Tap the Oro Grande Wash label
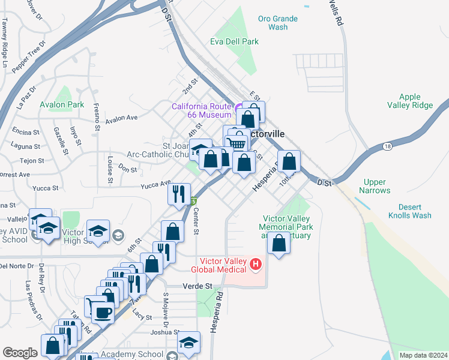[x=278, y=23]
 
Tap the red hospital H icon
[x=256, y=263]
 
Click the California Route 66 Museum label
[x=201, y=110]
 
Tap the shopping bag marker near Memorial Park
[x=279, y=244]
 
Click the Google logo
[x=20, y=353]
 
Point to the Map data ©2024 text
[x=423, y=355]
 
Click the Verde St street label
[x=197, y=287]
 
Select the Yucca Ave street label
[x=155, y=184]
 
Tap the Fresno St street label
[x=96, y=116]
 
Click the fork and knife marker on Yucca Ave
[x=179, y=193]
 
